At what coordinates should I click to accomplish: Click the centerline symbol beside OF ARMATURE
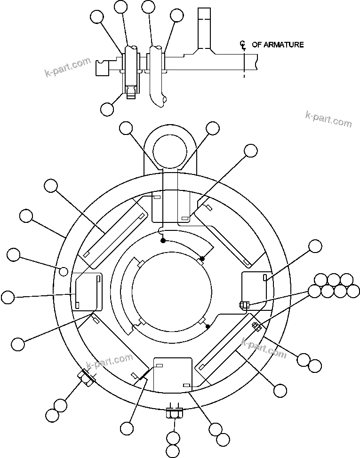pos(243,45)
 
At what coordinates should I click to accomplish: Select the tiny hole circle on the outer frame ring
pos(64,270)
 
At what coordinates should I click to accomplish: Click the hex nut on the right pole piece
pos(243,305)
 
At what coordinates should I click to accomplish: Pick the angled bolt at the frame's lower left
pos(86,377)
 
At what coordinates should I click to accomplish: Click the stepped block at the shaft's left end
pos(102,68)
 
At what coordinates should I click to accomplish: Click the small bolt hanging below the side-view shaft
pos(132,90)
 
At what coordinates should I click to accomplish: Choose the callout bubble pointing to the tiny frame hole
pos(14,255)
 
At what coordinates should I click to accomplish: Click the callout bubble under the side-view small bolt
pos(107,109)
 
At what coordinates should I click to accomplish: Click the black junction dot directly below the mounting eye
pos(163,240)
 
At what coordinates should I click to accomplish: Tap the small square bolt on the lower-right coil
pos(256,325)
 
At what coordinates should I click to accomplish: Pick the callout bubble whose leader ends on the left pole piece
pos(8,297)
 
